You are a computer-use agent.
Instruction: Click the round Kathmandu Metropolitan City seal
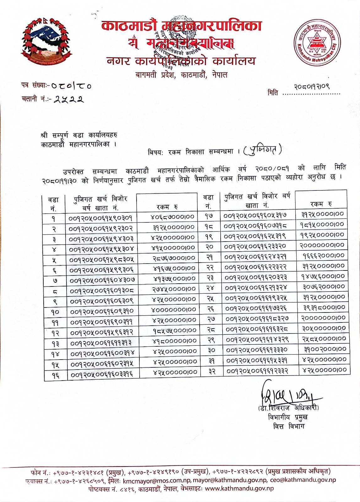pos(317,43)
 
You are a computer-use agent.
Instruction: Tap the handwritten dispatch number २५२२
pos(69,99)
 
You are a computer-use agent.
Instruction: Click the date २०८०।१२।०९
pos(311,86)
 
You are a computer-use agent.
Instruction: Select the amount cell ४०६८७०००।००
pos(172,217)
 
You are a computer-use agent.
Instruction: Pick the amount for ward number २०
pos(322,245)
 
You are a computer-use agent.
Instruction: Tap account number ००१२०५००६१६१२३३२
pos(257,371)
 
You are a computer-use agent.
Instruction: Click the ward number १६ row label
pos(56,375)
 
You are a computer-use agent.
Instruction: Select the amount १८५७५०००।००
pos(175,330)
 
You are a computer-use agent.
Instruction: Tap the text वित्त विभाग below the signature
pos(288,426)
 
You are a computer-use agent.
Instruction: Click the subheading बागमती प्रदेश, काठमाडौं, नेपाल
pos(181,75)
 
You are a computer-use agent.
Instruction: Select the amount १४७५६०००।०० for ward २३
pos(323,276)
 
